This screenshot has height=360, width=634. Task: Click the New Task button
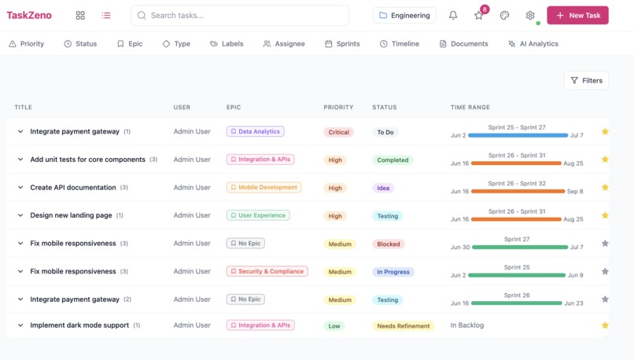tap(577, 15)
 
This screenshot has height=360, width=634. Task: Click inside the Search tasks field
tap(240, 15)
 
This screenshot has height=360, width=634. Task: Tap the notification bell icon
tap(453, 15)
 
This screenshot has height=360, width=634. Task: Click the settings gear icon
tap(530, 15)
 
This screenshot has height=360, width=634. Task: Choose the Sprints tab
tap(342, 44)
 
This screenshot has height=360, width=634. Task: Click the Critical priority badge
tap(338, 132)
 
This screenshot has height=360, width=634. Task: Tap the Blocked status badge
tap(388, 244)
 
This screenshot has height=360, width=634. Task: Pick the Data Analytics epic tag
tap(255, 132)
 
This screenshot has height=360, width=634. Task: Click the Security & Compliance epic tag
tap(267, 271)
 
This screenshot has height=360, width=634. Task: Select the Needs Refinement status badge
tap(403, 325)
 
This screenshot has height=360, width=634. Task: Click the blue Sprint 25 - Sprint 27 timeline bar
tap(518, 135)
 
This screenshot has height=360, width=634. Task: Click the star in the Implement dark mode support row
tap(605, 325)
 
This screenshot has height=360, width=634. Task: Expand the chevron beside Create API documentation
tap(20, 188)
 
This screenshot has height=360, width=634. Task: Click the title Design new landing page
tap(71, 215)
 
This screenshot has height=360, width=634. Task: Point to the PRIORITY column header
tap(338, 107)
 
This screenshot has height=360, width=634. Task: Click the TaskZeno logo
tap(29, 15)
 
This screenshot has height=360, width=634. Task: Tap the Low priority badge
tap(334, 325)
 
